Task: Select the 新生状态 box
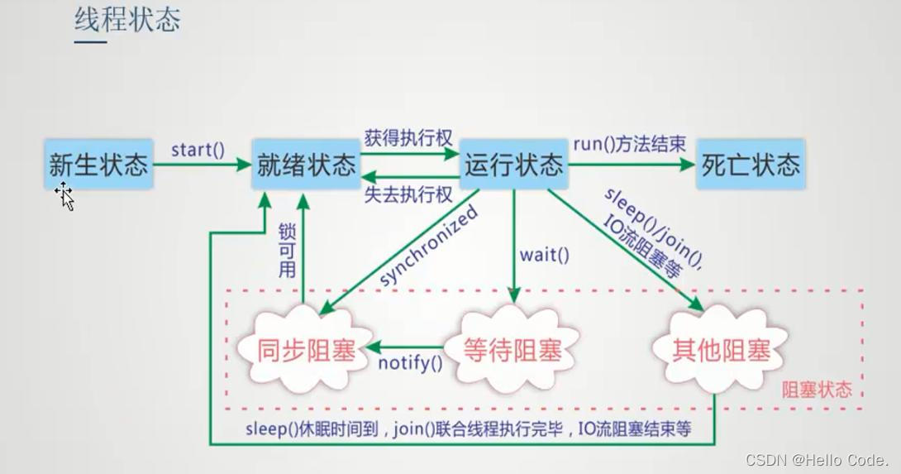99,165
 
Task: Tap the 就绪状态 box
307,165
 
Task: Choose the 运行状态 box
513,165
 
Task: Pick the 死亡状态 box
751,165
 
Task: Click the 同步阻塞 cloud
306,351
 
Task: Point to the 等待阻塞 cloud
512,351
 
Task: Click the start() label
198,150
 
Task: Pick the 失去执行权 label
408,195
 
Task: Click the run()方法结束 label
629,143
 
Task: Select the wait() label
544,255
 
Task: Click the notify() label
410,361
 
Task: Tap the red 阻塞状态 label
817,390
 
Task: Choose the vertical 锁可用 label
287,250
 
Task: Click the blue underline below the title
91,41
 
